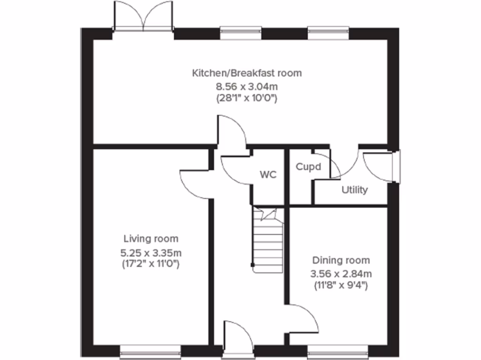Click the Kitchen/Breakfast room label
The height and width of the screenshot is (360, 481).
tap(247, 73)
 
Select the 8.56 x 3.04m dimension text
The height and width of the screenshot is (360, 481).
tap(247, 86)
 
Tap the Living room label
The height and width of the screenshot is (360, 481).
tap(151, 239)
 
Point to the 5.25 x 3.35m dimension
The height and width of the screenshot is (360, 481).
tap(151, 252)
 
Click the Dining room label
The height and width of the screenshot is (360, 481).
tap(341, 260)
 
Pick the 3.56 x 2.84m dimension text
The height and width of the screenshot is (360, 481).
tap(341, 273)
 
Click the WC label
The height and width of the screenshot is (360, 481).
tap(268, 175)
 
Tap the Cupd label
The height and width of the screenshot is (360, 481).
tap(308, 166)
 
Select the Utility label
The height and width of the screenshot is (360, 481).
tap(355, 190)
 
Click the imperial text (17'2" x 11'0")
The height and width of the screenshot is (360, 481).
tap(151, 264)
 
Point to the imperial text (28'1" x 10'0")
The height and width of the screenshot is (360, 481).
tap(247, 98)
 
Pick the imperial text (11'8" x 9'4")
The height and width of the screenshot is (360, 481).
tap(341, 285)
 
